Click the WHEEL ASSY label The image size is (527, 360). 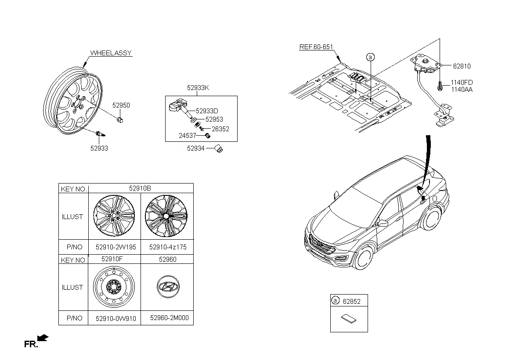(x=111, y=53)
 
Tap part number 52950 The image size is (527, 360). (x=121, y=105)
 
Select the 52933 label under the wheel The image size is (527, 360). (x=99, y=148)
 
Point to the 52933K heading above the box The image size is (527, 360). (x=198, y=88)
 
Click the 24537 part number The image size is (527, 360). (x=188, y=136)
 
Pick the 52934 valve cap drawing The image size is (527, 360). (x=220, y=150)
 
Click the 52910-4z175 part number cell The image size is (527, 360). (x=168, y=247)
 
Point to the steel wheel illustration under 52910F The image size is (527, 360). (x=113, y=288)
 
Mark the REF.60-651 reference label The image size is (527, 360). (x=316, y=47)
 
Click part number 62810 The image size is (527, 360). (x=462, y=66)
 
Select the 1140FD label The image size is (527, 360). (x=462, y=83)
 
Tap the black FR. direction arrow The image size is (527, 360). (x=43, y=338)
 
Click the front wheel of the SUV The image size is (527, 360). (x=364, y=258)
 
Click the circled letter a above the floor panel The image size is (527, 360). (x=370, y=57)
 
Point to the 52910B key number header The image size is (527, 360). (x=140, y=188)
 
